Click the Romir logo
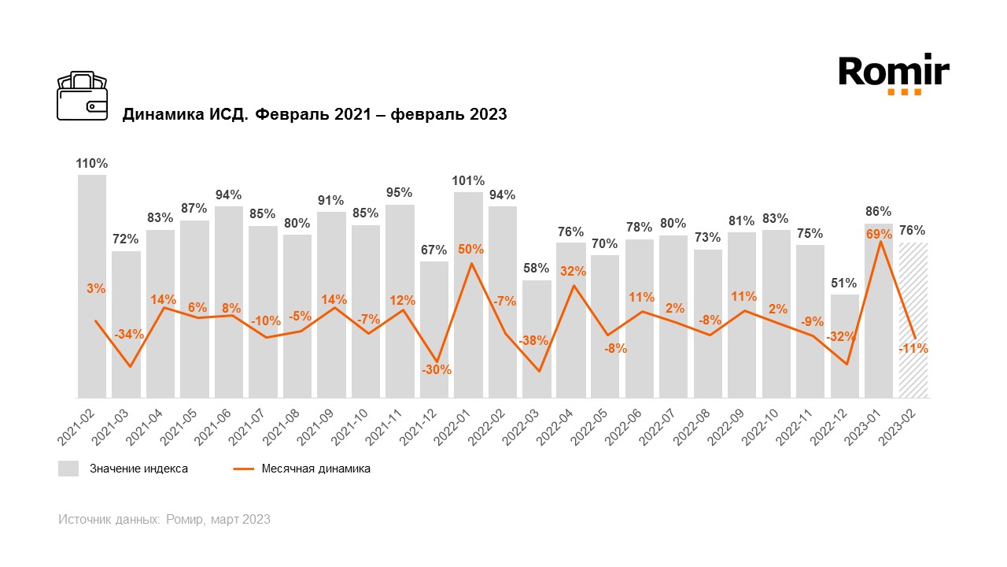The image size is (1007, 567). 894,75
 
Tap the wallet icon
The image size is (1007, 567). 83,96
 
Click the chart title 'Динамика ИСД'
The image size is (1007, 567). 314,115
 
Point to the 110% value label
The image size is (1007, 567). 92,164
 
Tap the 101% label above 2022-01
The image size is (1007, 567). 468,181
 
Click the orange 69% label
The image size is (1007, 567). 879,234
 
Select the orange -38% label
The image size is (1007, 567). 534,341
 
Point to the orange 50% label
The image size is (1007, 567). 470,250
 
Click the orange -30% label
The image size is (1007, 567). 436,369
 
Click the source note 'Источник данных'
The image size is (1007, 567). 164,520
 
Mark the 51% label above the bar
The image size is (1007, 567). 844,283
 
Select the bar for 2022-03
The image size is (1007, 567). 537,339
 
